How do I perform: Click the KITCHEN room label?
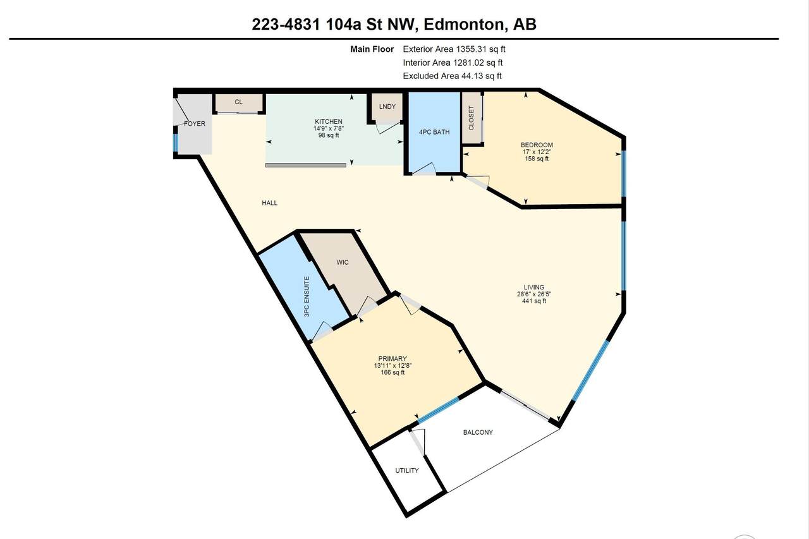(329, 122)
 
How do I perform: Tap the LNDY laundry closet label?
(387, 107)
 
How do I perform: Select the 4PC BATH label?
(434, 133)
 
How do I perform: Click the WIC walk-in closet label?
(343, 262)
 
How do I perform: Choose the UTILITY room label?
(407, 471)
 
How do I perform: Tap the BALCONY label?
(478, 433)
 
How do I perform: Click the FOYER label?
(195, 124)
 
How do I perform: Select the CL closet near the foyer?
(238, 102)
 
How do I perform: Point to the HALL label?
(270, 203)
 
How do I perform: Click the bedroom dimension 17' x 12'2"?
(537, 152)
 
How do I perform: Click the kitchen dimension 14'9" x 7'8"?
(329, 128)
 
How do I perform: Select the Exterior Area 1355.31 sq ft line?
(454, 49)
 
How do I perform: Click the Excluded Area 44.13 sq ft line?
(452, 76)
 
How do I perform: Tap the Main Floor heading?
(372, 49)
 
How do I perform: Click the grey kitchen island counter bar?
(305, 166)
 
